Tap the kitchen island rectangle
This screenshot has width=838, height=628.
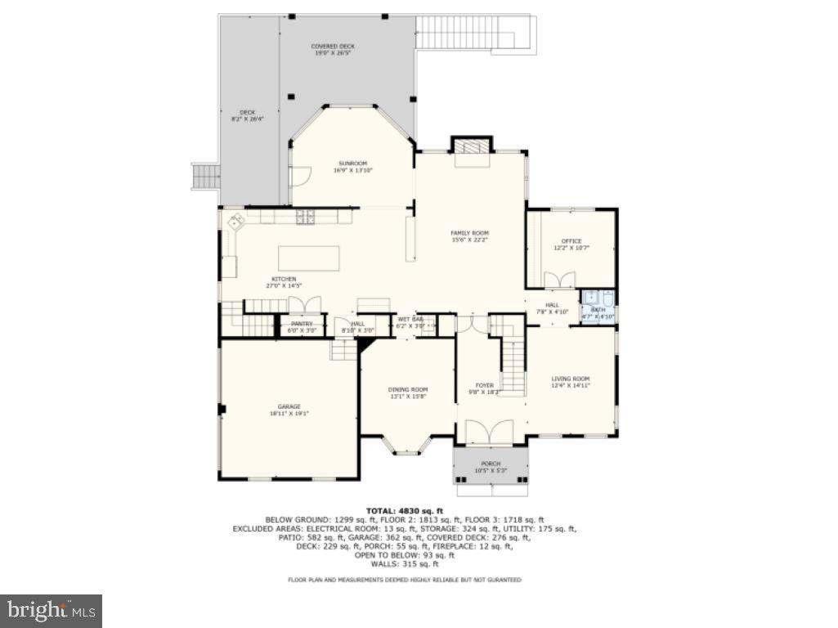[308, 258]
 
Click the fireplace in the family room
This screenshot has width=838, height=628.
[472, 147]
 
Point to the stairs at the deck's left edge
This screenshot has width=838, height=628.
[205, 175]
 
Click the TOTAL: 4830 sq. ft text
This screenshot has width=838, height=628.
[404, 509]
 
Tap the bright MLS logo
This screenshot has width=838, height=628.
[51, 610]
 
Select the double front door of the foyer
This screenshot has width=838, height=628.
[489, 432]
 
